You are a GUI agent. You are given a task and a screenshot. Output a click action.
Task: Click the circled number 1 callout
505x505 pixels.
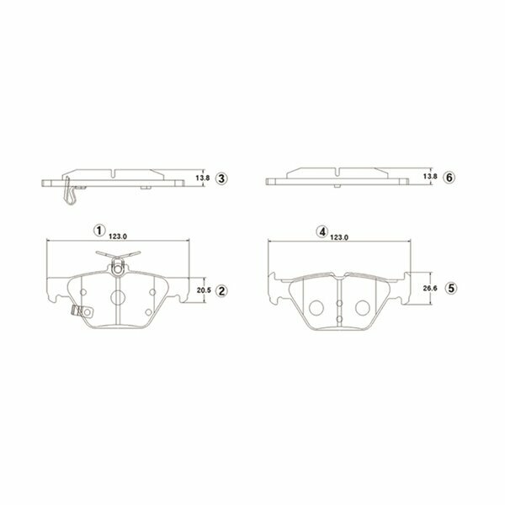pyautogui.click(x=99, y=231)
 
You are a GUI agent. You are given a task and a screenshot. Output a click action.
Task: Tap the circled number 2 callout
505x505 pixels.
pyautogui.click(x=221, y=291)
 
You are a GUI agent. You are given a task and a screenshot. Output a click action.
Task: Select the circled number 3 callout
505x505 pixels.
pyautogui.click(x=221, y=178)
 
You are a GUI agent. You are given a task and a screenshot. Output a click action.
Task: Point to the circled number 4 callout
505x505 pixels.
pyautogui.click(x=322, y=231)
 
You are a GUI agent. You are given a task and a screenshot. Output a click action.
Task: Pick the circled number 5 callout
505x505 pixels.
pyautogui.click(x=451, y=288)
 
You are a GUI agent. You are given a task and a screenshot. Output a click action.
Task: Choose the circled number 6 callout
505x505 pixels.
pyautogui.click(x=449, y=177)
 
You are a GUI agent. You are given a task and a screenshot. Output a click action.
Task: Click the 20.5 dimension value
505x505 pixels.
pyautogui.click(x=204, y=290)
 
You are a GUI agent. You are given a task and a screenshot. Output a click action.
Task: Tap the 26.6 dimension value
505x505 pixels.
pyautogui.click(x=430, y=288)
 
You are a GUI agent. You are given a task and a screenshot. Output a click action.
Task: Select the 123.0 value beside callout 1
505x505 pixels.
pyautogui.click(x=118, y=237)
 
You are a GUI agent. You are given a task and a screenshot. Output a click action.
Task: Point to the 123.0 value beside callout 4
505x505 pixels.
pyautogui.click(x=339, y=237)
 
